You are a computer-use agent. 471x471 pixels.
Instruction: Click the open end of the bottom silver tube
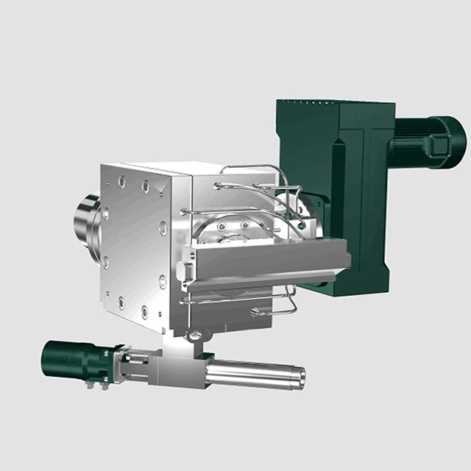299,376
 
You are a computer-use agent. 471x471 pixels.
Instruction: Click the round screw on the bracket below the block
195,336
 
